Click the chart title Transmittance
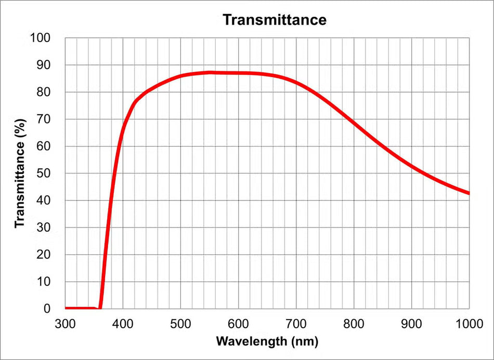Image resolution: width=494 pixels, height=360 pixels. click(x=275, y=20)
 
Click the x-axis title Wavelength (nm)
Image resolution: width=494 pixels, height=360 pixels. click(x=267, y=341)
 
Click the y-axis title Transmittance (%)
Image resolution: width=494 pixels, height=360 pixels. click(x=20, y=173)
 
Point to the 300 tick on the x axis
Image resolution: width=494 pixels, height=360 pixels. click(x=65, y=324)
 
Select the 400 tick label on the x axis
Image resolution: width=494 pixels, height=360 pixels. click(x=123, y=324)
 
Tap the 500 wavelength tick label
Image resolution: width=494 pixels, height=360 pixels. click(x=181, y=324)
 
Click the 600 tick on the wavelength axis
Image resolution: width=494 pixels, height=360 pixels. click(x=239, y=324)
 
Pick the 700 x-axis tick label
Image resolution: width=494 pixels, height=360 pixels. click(x=296, y=324)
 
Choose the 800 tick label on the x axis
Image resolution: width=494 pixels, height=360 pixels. click(x=354, y=324)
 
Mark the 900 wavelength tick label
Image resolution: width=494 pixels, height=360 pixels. click(x=412, y=324)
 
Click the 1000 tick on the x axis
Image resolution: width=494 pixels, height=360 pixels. click(x=469, y=324)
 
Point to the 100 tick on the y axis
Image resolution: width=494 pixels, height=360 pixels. click(x=40, y=38)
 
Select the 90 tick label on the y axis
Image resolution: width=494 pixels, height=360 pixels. click(x=44, y=65)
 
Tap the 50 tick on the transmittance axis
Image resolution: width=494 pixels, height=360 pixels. click(x=44, y=174)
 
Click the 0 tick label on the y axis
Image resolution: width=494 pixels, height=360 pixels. click(x=47, y=309)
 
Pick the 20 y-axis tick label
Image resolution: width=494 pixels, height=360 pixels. click(x=44, y=255)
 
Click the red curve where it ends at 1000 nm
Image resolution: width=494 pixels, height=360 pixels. click(x=469, y=193)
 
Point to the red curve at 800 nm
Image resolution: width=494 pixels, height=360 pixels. click(x=354, y=122)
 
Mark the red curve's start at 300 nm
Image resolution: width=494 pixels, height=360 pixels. click(x=66, y=308)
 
